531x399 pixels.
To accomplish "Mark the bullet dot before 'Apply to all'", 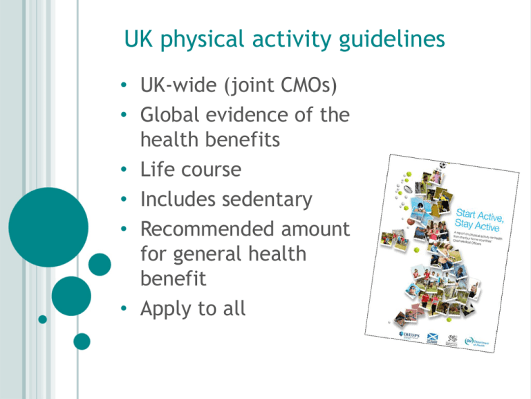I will [122, 308].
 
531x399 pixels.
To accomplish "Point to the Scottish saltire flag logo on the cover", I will [433, 339].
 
